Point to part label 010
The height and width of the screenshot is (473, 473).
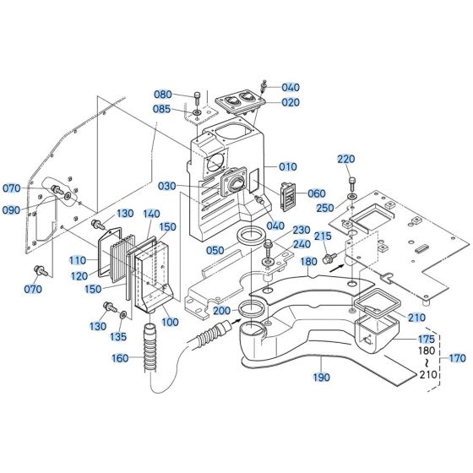(289, 166)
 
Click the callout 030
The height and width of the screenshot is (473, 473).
(167, 187)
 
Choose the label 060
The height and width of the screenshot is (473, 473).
(316, 193)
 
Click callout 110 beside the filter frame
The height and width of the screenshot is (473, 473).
(79, 260)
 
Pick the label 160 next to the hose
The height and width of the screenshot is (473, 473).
(121, 357)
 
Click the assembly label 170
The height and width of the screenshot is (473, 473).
(457, 357)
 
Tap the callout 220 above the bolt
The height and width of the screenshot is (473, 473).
(346, 159)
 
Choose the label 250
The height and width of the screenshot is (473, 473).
(325, 209)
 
